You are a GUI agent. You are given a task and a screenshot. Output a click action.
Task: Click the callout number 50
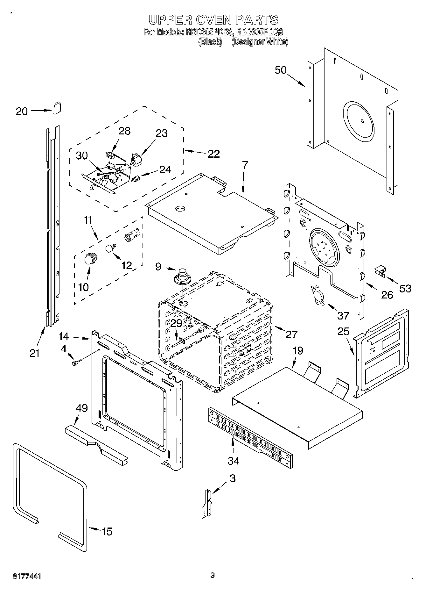click(x=281, y=70)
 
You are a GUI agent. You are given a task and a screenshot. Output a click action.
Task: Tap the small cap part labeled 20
click(x=57, y=108)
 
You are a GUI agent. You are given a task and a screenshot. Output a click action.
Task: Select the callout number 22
click(x=213, y=154)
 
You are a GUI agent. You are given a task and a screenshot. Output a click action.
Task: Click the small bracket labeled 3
click(x=207, y=504)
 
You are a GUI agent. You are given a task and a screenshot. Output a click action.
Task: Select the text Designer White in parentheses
click(x=260, y=42)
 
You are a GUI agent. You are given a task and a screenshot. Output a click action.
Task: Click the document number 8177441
click(x=27, y=576)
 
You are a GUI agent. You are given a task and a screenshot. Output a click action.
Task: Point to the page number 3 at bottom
click(x=213, y=575)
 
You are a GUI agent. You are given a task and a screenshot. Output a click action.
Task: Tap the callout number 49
click(x=82, y=408)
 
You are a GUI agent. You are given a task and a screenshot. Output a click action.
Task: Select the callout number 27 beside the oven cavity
click(x=291, y=334)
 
